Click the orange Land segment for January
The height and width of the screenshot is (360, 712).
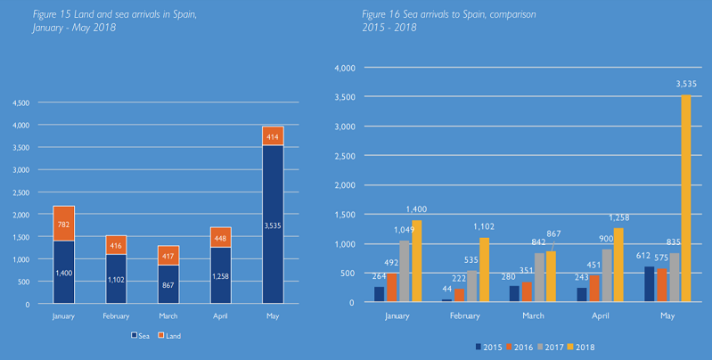click(63, 223)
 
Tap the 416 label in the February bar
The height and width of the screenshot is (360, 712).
click(116, 245)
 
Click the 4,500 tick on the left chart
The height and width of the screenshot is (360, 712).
click(20, 102)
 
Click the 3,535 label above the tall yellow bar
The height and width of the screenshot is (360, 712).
click(685, 85)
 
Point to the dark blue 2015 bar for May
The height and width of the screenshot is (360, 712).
click(649, 284)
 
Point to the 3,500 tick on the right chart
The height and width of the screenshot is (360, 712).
click(344, 96)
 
